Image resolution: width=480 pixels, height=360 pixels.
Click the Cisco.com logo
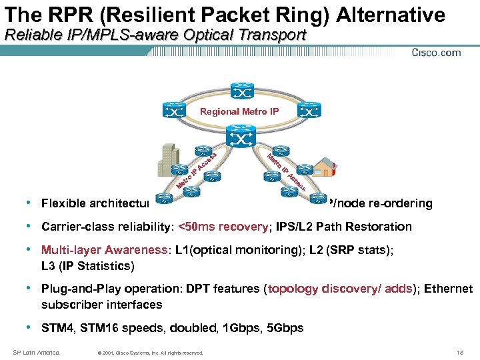pyautogui.click(x=436, y=53)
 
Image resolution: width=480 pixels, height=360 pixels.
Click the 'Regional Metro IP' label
pyautogui.click(x=239, y=111)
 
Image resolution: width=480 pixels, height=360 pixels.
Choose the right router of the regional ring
pyautogui.click(x=309, y=111)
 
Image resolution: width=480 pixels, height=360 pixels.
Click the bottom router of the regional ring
pyautogui.click(x=239, y=137)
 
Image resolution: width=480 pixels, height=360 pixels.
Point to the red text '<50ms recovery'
pyautogui.click(x=223, y=227)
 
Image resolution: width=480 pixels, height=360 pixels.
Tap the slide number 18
pyautogui.click(x=460, y=352)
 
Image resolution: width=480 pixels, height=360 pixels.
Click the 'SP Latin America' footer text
pyautogui.click(x=37, y=352)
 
